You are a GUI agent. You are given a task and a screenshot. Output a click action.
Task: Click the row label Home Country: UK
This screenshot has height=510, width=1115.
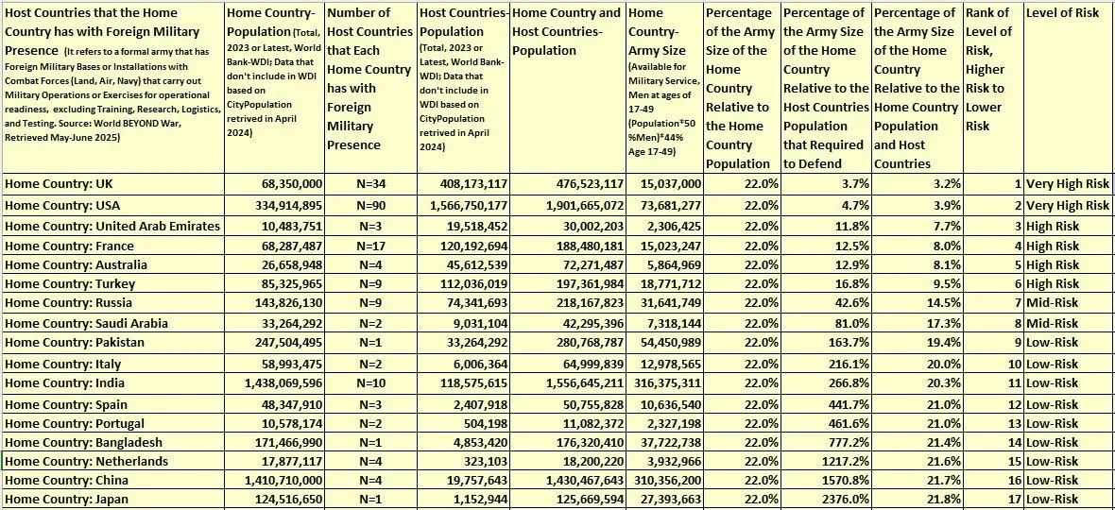(x=59, y=184)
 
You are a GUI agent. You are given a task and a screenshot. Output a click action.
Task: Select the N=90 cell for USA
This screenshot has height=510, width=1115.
(x=346, y=206)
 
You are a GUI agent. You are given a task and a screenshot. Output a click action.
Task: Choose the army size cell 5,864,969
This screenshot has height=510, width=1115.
(x=667, y=265)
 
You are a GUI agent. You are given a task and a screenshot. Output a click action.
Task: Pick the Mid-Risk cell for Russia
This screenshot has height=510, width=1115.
(x=1053, y=304)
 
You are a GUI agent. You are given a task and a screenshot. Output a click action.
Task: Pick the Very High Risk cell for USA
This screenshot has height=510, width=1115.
(x=1068, y=206)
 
